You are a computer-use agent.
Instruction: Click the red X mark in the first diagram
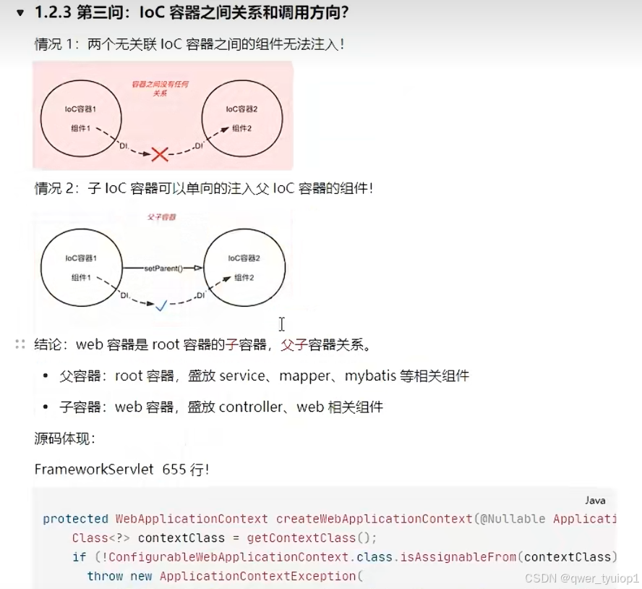click(x=160, y=153)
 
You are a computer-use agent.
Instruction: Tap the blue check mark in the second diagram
click(x=161, y=306)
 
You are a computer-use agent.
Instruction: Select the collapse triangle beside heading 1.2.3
click(x=20, y=13)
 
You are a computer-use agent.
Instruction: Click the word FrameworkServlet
click(x=94, y=469)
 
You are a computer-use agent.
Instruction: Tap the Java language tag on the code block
click(x=595, y=501)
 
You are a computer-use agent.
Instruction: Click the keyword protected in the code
click(x=75, y=519)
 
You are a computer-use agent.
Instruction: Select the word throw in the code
click(x=105, y=576)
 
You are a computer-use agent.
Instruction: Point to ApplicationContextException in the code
click(x=258, y=576)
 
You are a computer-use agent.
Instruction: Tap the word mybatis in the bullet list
click(x=369, y=376)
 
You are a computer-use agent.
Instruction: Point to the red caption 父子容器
click(x=160, y=216)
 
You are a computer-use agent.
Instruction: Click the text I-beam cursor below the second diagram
click(x=282, y=324)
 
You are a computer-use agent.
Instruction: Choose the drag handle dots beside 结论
click(x=20, y=344)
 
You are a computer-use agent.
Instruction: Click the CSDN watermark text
click(x=581, y=579)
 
